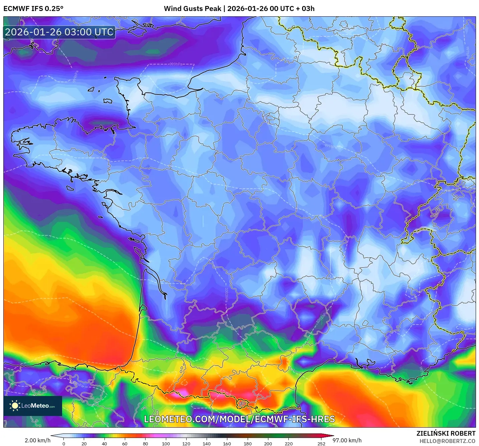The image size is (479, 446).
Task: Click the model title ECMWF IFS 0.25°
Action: pos(33,9)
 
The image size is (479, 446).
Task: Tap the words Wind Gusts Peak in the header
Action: pos(192,9)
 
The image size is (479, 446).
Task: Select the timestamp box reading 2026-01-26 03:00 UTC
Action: pos(59,32)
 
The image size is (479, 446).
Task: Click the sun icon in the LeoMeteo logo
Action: pos(15,406)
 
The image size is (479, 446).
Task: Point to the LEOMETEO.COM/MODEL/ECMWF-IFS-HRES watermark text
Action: pos(239,419)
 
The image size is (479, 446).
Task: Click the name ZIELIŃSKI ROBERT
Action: pos(446,433)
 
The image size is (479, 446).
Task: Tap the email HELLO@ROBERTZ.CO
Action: pos(447,441)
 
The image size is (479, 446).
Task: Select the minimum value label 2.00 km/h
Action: pos(37,440)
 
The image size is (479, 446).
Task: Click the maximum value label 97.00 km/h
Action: pos(347,440)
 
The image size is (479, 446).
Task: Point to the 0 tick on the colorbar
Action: pos(64,444)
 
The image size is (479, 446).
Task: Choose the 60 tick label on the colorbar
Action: pos(125,444)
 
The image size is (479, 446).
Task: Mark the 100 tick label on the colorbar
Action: pos(166,444)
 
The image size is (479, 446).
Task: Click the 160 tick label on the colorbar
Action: pos(227,444)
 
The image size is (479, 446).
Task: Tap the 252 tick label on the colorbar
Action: pos(321,444)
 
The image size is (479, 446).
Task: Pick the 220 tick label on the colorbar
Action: pos(288,444)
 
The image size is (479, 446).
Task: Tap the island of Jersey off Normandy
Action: pos(107,101)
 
